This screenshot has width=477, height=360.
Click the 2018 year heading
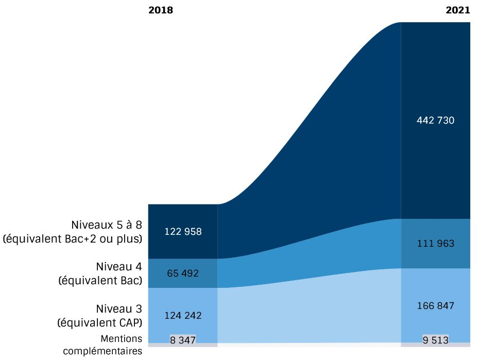click(161, 10)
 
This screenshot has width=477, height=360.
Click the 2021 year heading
click(458, 10)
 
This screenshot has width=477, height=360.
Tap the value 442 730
click(436, 121)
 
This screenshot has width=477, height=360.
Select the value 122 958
click(183, 231)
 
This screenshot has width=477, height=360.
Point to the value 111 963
click(436, 243)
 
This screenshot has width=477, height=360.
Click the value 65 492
click(183, 273)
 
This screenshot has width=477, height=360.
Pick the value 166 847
click(436, 306)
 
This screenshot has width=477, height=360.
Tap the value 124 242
click(183, 315)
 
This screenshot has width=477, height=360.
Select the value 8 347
click(183, 339)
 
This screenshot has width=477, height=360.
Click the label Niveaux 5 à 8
click(106, 225)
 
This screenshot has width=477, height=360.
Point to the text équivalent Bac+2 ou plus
click(73, 239)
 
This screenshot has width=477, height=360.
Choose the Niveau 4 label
click(119, 267)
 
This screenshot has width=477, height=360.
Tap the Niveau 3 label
click(119, 309)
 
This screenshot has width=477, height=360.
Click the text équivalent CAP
click(101, 323)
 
